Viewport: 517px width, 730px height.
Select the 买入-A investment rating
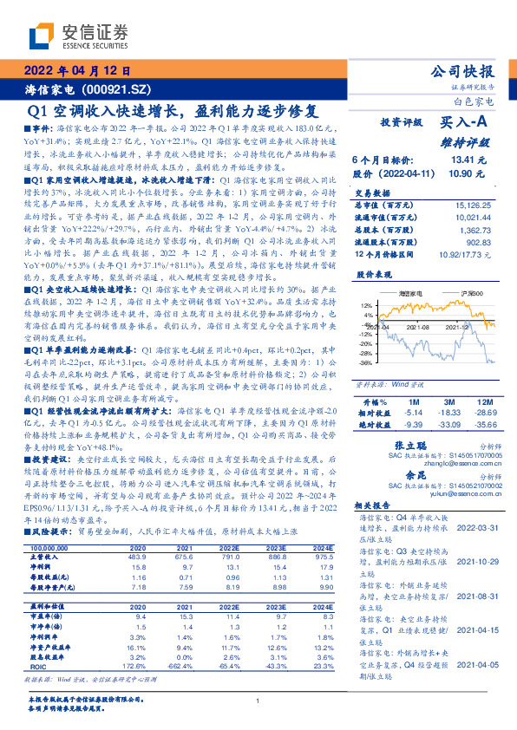[x=463, y=125]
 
